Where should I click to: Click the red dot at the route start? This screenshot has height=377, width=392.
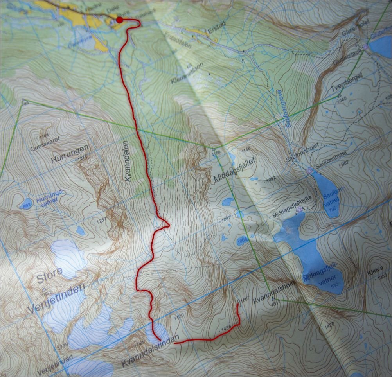point(120,20)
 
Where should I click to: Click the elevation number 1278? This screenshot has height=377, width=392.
point(82,158)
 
